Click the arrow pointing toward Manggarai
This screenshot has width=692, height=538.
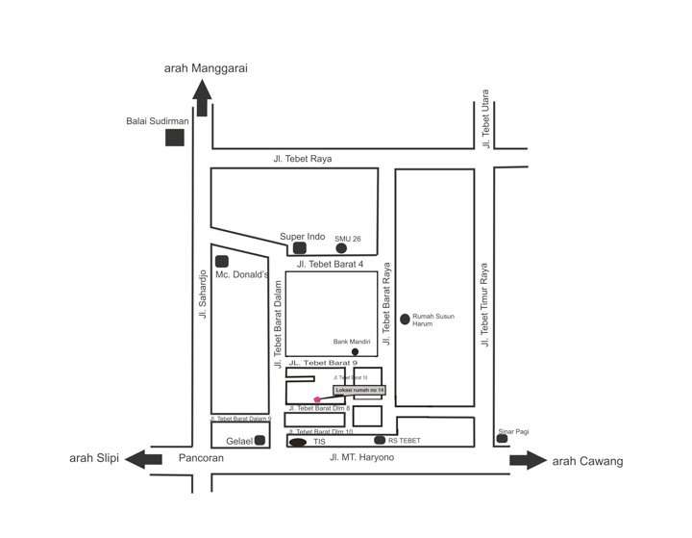[202, 97]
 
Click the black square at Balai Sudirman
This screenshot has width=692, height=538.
[175, 137]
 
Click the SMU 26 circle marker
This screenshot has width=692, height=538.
[341, 248]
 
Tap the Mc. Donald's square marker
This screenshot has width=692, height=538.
[222, 261]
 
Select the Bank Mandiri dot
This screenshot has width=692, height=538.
[355, 351]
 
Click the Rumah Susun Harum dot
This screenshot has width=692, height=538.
[405, 319]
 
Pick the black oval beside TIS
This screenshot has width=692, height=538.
[298, 443]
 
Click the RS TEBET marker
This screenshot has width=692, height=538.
[380, 440]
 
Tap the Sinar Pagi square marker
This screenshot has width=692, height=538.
[502, 439]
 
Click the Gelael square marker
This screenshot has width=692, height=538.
[259, 441]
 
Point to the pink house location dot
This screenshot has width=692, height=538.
[317, 399]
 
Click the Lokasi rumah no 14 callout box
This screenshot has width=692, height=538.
[360, 390]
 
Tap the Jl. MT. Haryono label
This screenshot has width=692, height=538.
[361, 457]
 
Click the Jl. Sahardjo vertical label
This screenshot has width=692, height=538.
[203, 294]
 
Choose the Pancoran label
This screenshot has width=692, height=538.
[201, 458]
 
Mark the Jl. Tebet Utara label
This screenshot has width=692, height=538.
[486, 119]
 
